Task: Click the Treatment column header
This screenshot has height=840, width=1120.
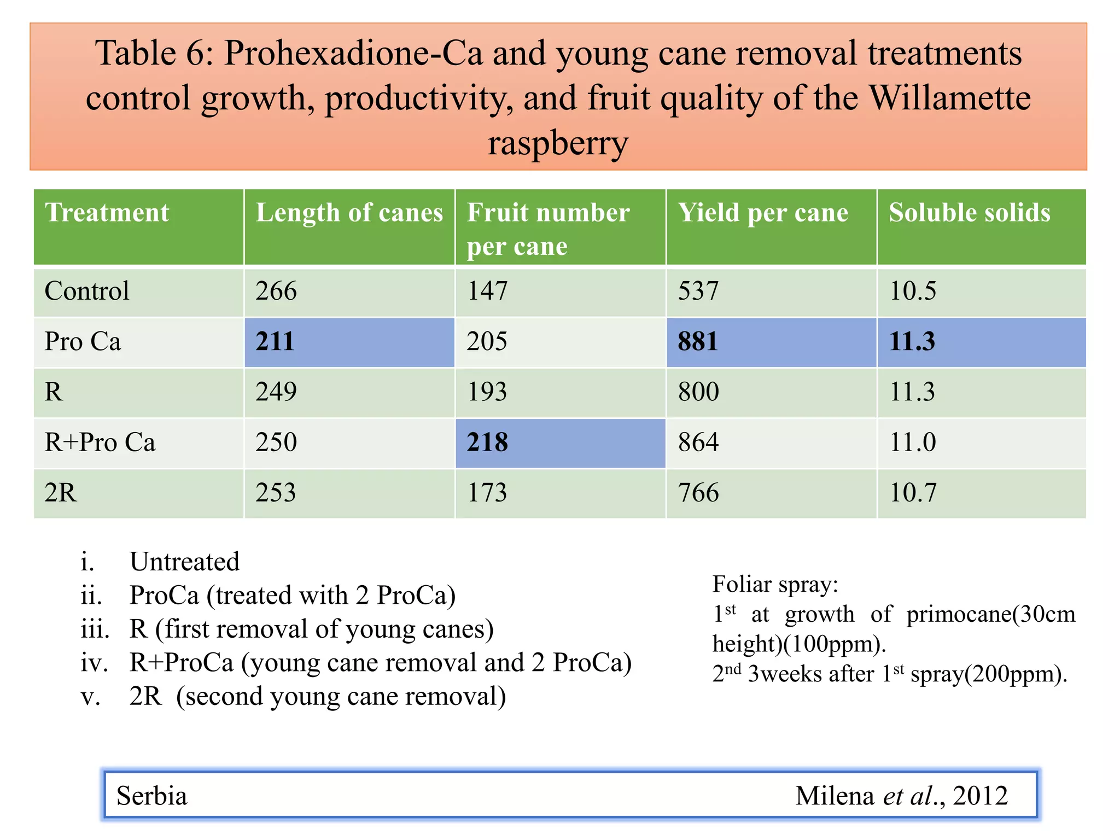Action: click(x=107, y=213)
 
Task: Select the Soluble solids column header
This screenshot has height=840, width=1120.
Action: click(x=969, y=213)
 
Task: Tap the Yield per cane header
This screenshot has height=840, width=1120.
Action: click(x=763, y=213)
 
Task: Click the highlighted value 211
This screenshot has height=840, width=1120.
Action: click(x=275, y=342)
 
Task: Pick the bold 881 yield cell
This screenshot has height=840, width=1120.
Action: click(x=697, y=342)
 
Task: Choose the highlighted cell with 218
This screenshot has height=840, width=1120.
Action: click(x=487, y=442)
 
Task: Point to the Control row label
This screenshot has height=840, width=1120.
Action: click(x=87, y=291)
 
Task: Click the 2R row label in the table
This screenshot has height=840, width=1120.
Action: click(x=61, y=493)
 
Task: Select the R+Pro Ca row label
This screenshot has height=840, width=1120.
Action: click(x=100, y=442)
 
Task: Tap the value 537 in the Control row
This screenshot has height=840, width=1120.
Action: click(x=698, y=291)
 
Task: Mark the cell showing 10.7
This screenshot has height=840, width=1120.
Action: click(x=913, y=493)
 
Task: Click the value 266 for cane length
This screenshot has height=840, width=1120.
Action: click(x=276, y=291)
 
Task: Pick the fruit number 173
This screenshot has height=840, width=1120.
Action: click(x=487, y=493)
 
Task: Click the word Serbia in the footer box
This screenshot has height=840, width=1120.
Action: click(x=151, y=796)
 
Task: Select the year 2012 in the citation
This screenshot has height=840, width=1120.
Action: click(x=980, y=796)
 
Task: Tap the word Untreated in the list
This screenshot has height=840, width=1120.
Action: click(x=184, y=562)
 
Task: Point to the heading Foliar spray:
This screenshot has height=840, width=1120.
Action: click(x=775, y=585)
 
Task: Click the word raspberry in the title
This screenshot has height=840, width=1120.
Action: click(x=558, y=143)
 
